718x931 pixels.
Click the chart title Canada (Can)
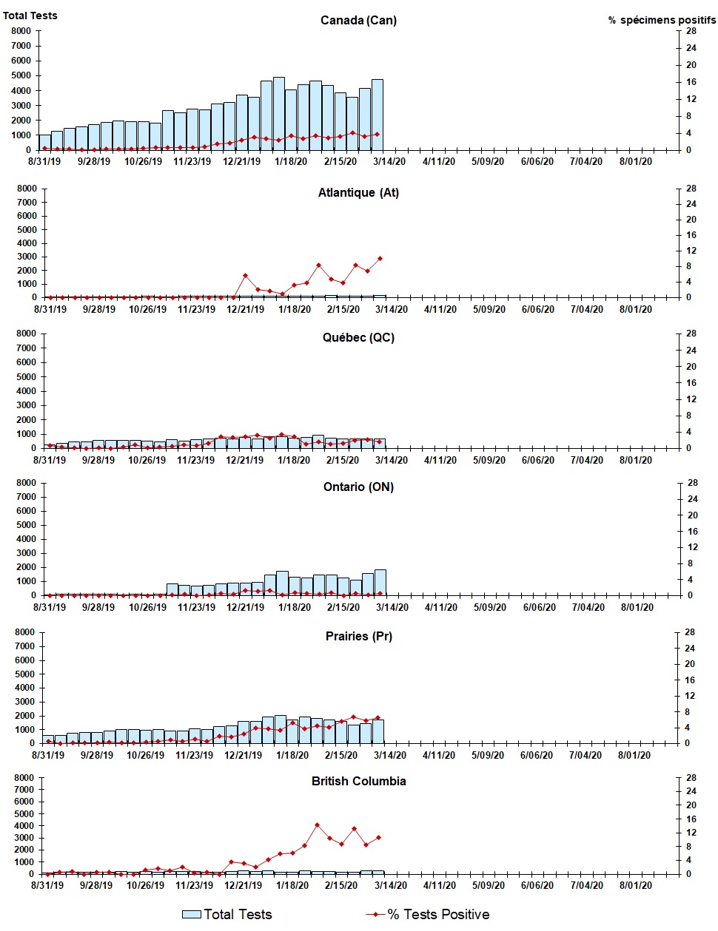click(358, 20)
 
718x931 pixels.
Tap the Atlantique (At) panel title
click(358, 193)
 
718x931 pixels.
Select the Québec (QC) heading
click(358, 338)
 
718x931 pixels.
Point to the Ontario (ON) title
click(358, 487)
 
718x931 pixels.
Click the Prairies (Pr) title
click(358, 636)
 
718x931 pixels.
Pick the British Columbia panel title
click(358, 782)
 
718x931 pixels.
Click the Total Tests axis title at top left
click(30, 16)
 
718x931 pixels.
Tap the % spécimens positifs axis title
click(662, 20)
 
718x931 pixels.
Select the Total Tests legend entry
click(228, 915)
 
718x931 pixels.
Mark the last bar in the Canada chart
click(378, 115)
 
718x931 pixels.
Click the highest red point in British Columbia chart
click(317, 825)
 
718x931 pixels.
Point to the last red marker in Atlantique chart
click(380, 258)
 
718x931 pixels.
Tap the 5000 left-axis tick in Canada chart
click(21, 75)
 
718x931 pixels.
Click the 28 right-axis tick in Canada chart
click(691, 31)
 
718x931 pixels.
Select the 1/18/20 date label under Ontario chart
click(295, 608)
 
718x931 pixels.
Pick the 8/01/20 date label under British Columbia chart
click(636, 886)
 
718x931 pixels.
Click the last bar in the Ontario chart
click(380, 582)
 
